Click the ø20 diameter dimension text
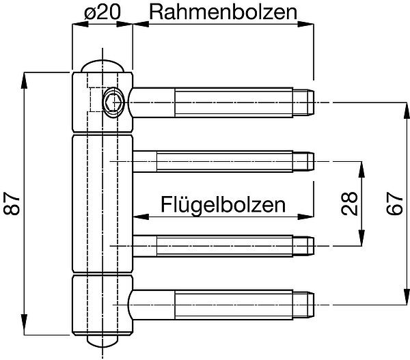point(102,12)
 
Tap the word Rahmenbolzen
point(223,12)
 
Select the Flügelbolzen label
point(223,205)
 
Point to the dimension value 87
point(12,204)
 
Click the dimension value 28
point(349,204)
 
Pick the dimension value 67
point(395,204)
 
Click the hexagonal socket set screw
point(113,102)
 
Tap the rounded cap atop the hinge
point(102,66)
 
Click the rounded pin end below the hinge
point(102,341)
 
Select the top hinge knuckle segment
point(102,102)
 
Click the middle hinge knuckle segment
point(102,204)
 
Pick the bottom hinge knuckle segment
point(102,305)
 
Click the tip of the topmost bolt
point(314,102)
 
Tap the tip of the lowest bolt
point(314,305)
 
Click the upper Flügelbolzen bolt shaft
point(223,162)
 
